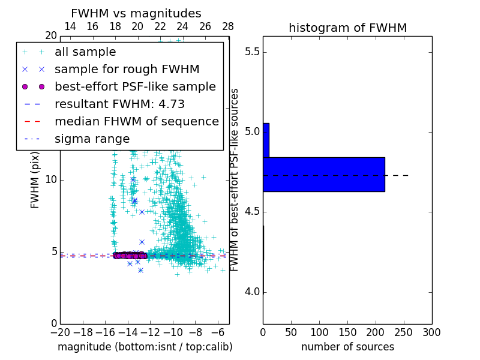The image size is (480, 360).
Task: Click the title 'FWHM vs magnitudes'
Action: (136, 14)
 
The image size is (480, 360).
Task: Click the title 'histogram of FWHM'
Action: (347, 28)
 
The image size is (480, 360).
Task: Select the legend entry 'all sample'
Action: (85, 52)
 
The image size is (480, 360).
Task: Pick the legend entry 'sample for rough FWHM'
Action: (127, 69)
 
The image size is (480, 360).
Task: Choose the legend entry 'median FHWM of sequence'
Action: (136, 121)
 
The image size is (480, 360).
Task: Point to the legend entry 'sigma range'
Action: (92, 139)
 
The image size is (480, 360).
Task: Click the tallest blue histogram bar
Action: (323, 175)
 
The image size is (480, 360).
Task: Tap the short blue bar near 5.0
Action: (266, 140)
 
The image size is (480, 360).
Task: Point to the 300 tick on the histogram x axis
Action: (431, 332)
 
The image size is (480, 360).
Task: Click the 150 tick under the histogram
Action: (347, 332)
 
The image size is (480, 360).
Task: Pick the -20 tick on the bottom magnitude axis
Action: (60, 332)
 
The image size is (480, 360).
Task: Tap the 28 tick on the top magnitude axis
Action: (228, 26)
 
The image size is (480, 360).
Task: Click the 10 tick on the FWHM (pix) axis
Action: (50, 179)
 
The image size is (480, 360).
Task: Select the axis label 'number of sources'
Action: (347, 347)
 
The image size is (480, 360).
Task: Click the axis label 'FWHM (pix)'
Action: (35, 180)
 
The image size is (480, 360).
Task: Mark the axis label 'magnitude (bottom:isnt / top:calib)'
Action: (145, 347)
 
